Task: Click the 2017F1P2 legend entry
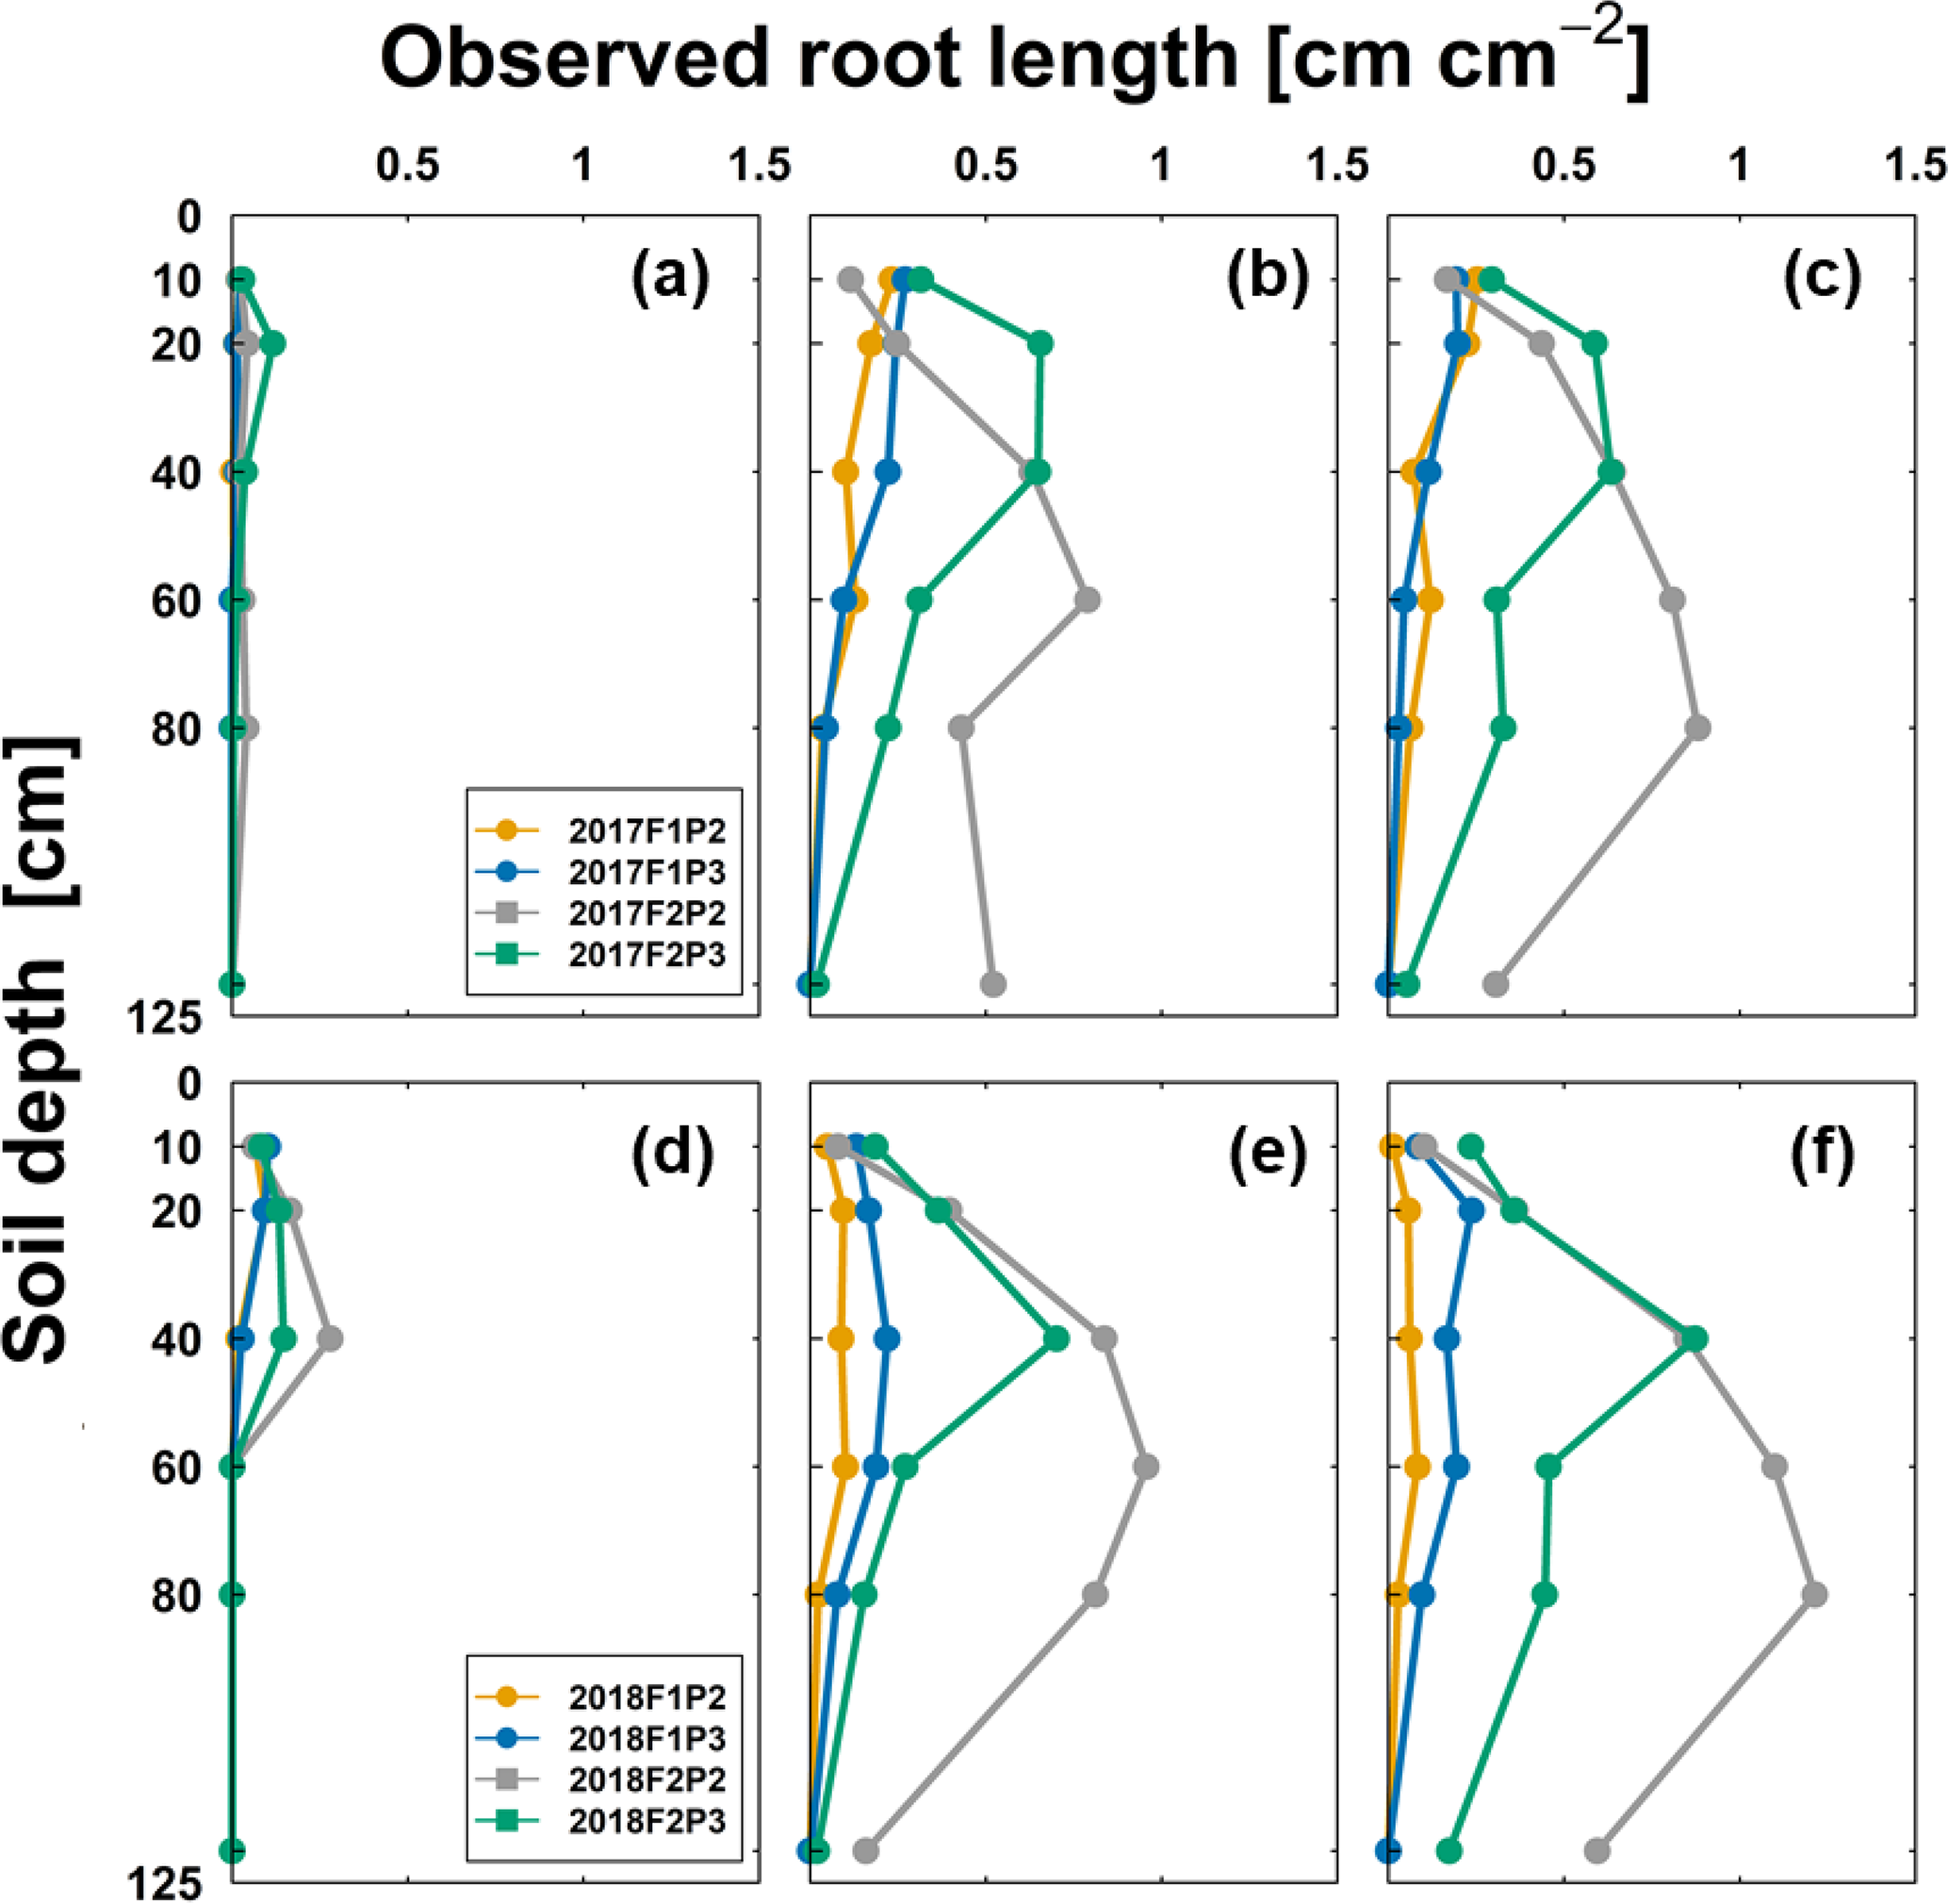(661, 830)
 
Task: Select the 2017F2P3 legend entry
(661, 955)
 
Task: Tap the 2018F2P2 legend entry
(661, 1780)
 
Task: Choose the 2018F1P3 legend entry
(661, 1739)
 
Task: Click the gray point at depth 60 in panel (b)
(1088, 600)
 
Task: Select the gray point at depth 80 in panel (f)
(1814, 1595)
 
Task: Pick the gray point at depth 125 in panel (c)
(1496, 984)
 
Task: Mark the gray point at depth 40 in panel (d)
(330, 1338)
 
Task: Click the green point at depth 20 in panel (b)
(1040, 344)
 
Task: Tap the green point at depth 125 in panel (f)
(1449, 1852)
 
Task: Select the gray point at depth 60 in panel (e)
(1146, 1468)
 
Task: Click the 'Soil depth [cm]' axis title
(40, 1049)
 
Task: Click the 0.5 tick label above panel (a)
(408, 166)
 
